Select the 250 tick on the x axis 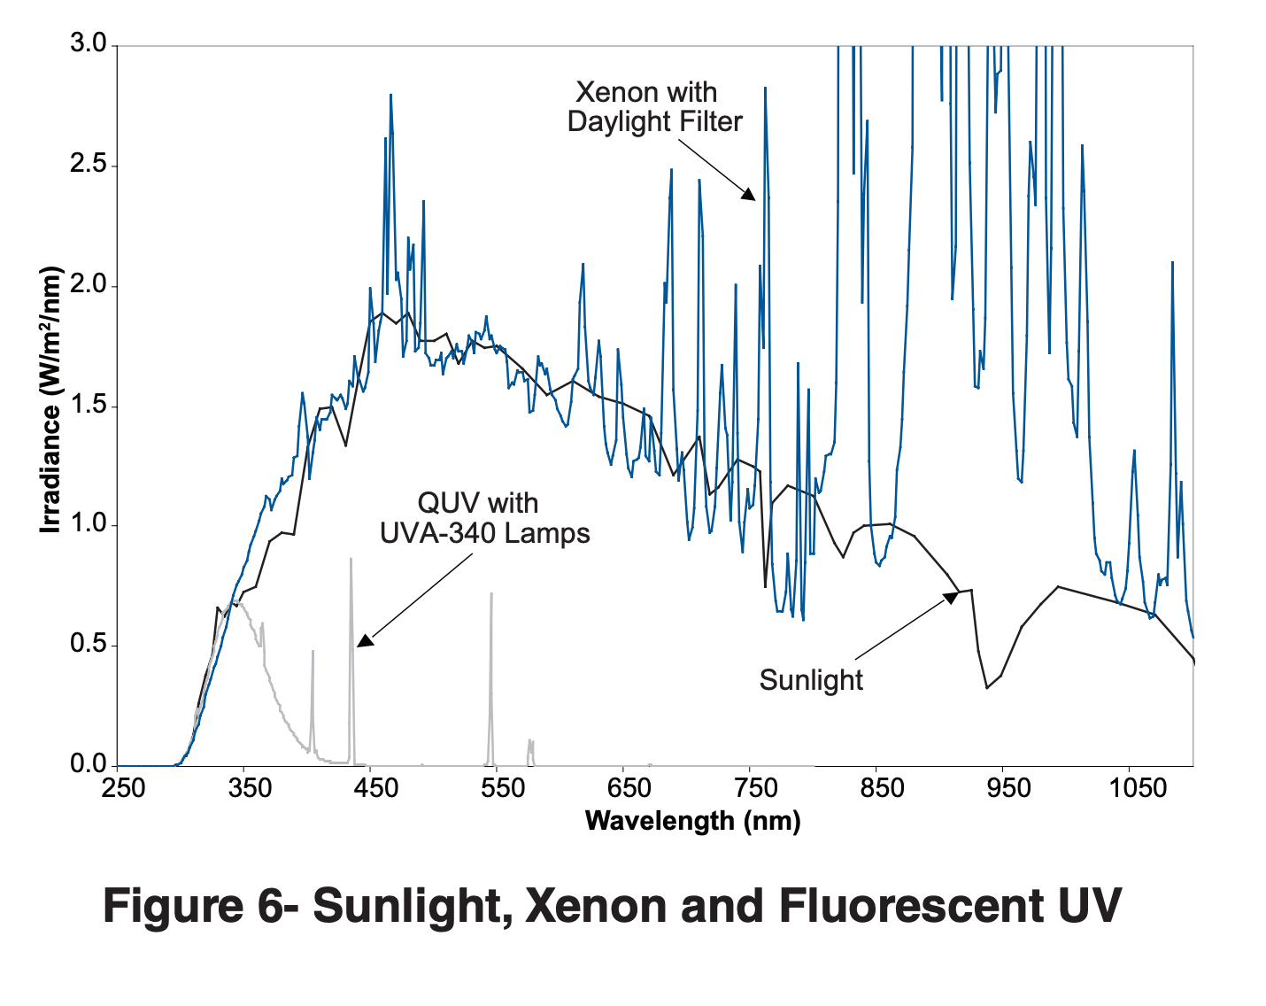[123, 788]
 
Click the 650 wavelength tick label [623, 788]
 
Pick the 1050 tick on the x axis [1138, 788]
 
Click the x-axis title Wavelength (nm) [692, 821]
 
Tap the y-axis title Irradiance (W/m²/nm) [51, 400]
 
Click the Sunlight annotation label [811, 680]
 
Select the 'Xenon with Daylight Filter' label [654, 106]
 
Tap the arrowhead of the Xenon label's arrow [749, 194]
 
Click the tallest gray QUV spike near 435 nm [351, 560]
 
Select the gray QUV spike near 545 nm [491, 595]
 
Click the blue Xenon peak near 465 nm [390, 96]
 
